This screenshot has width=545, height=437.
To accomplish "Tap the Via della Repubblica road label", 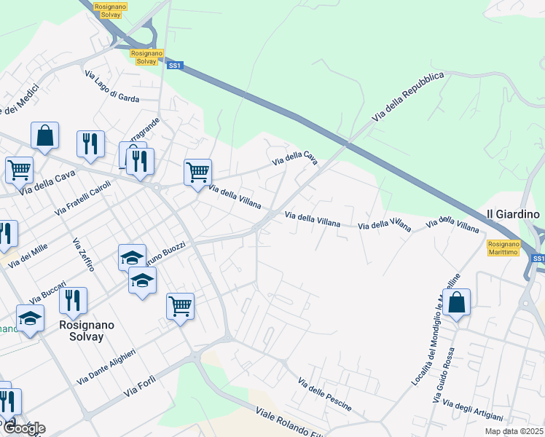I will [x=407, y=96].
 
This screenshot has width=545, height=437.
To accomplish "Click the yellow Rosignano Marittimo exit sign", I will [x=502, y=248].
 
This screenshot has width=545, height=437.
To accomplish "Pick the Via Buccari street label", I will [x=48, y=292].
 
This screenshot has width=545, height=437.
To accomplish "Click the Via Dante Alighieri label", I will [x=106, y=367].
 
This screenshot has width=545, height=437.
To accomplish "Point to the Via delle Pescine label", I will [x=325, y=394].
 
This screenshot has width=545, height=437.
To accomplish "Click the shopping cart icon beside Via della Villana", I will [x=197, y=173].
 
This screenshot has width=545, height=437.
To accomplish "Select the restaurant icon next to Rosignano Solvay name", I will [x=73, y=300].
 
